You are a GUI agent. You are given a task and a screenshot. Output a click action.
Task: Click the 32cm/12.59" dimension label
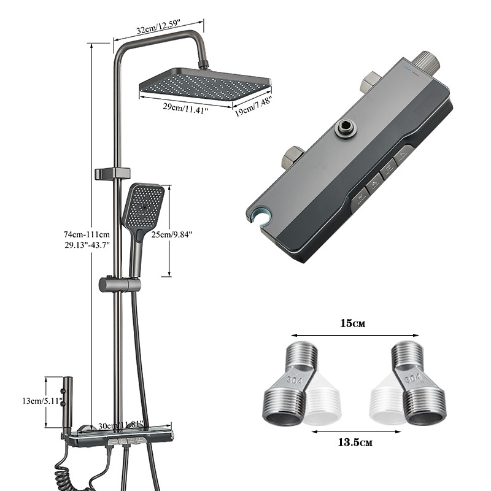[159, 27]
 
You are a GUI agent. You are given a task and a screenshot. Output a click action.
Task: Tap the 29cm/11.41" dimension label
[185, 109]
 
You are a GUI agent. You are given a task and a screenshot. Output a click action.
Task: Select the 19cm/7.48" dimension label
[253, 106]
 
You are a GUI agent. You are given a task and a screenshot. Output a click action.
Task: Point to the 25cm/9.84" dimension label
[171, 234]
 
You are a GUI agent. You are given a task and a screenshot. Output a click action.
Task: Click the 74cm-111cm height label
[87, 234]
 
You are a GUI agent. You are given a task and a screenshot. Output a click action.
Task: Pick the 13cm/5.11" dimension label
[42, 401]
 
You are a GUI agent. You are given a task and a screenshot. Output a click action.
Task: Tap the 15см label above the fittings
[353, 323]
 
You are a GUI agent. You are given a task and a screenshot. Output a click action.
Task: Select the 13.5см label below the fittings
[355, 443]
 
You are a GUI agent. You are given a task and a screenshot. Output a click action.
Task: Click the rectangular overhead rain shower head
[205, 84]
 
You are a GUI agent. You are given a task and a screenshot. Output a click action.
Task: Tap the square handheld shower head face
[143, 206]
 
